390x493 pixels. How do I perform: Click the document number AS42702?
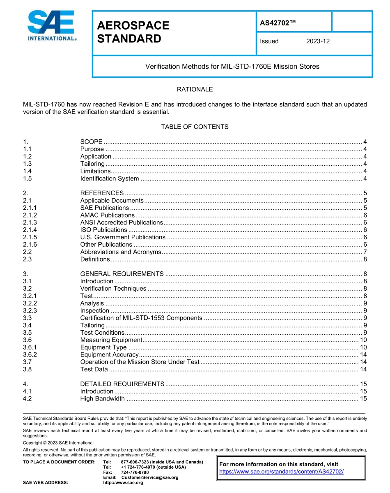(278, 23)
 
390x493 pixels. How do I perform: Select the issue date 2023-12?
(318, 41)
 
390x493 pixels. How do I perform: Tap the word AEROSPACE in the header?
(133, 25)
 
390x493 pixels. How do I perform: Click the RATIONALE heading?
(195, 89)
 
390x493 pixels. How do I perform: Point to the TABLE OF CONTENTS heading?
(195, 127)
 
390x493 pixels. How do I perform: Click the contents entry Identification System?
(110, 178)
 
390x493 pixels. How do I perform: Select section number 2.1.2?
(30, 215)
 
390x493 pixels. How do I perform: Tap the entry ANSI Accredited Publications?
(122, 222)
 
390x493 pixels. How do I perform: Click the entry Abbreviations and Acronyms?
(121, 252)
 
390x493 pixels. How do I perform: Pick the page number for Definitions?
(365, 259)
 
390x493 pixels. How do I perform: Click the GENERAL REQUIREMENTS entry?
(122, 274)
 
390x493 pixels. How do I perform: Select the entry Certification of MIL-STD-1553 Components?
(141, 318)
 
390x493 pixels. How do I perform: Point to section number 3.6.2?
(30, 354)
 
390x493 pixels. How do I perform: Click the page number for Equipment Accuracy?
(363, 354)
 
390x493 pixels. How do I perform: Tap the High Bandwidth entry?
(102, 398)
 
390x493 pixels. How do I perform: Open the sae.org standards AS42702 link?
(281, 472)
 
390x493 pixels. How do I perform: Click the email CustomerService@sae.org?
(150, 477)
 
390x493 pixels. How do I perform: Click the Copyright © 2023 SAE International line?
(58, 443)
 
